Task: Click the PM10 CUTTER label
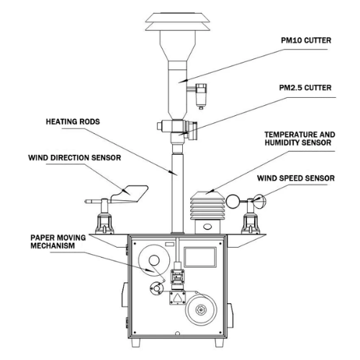point(306,40)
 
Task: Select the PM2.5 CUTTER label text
point(305,88)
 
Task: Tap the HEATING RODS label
point(73,122)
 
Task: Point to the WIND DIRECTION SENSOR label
point(74,158)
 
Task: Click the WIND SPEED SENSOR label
point(296,178)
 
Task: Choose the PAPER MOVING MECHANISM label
point(58,242)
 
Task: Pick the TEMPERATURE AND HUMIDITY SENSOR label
point(300,138)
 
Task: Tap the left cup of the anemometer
point(232,202)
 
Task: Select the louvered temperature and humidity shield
point(207,205)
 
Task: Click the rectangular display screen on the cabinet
point(200,257)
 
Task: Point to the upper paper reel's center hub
point(154,261)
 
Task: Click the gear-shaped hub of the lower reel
point(201,310)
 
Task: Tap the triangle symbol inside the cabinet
point(177,298)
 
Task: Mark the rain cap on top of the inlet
point(178,22)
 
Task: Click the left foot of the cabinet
point(136,343)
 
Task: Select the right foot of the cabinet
point(219,343)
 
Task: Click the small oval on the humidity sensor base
point(207,226)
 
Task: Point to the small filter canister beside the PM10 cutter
point(201,96)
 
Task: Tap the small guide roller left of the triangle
point(156,288)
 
